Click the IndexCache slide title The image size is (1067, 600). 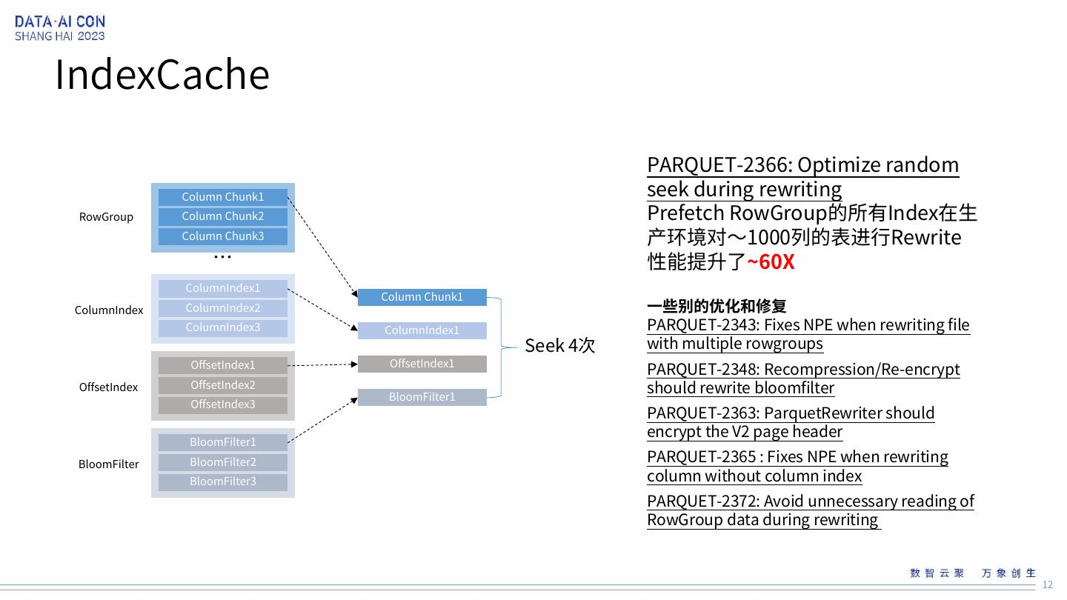[162, 75]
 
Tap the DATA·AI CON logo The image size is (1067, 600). [60, 28]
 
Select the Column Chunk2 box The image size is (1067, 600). [223, 216]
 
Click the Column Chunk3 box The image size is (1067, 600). [223, 236]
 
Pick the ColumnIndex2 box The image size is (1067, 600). [223, 308]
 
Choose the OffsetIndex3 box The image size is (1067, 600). [223, 404]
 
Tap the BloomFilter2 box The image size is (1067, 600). [223, 462]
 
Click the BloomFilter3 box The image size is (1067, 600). [223, 481]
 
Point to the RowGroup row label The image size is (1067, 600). [106, 217]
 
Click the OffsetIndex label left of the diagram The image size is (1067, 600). [108, 387]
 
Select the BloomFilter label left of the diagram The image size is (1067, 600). [108, 464]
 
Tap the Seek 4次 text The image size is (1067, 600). [559, 346]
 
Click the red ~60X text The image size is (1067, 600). [771, 262]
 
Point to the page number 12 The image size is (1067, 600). [1048, 585]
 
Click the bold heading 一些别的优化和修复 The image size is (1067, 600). [717, 306]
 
